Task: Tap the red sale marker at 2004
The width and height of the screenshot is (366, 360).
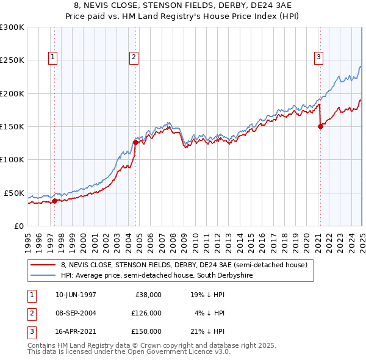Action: (135, 143)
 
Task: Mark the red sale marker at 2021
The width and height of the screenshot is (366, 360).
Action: (320, 127)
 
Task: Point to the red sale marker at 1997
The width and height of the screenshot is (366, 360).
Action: (54, 200)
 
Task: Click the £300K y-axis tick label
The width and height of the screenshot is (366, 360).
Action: (12, 28)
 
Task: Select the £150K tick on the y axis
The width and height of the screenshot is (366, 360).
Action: (12, 127)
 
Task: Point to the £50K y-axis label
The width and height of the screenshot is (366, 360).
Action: (14, 193)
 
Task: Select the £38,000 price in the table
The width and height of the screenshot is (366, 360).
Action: (148, 295)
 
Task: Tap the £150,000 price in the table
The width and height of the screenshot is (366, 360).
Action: (146, 331)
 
